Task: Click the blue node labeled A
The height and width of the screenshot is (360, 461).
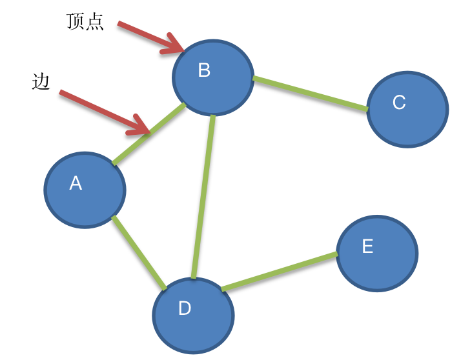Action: (x=85, y=190)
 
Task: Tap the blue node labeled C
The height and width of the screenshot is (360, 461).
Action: (x=407, y=108)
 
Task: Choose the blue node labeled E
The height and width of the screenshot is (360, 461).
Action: (x=377, y=253)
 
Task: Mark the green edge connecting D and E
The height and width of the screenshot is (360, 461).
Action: (x=279, y=272)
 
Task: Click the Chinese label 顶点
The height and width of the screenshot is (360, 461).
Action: (x=85, y=22)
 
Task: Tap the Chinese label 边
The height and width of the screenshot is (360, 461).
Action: (x=40, y=82)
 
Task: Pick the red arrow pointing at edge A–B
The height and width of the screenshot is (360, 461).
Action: (x=103, y=113)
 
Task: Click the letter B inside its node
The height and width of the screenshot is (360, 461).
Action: (x=204, y=70)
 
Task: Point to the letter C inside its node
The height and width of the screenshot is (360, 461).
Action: (x=399, y=102)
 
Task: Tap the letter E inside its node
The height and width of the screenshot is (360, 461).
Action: (x=367, y=246)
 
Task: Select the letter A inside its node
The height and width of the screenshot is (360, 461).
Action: (x=76, y=183)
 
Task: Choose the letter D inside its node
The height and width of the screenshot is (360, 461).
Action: (x=185, y=308)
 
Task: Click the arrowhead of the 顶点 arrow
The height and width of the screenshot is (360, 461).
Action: (x=176, y=45)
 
